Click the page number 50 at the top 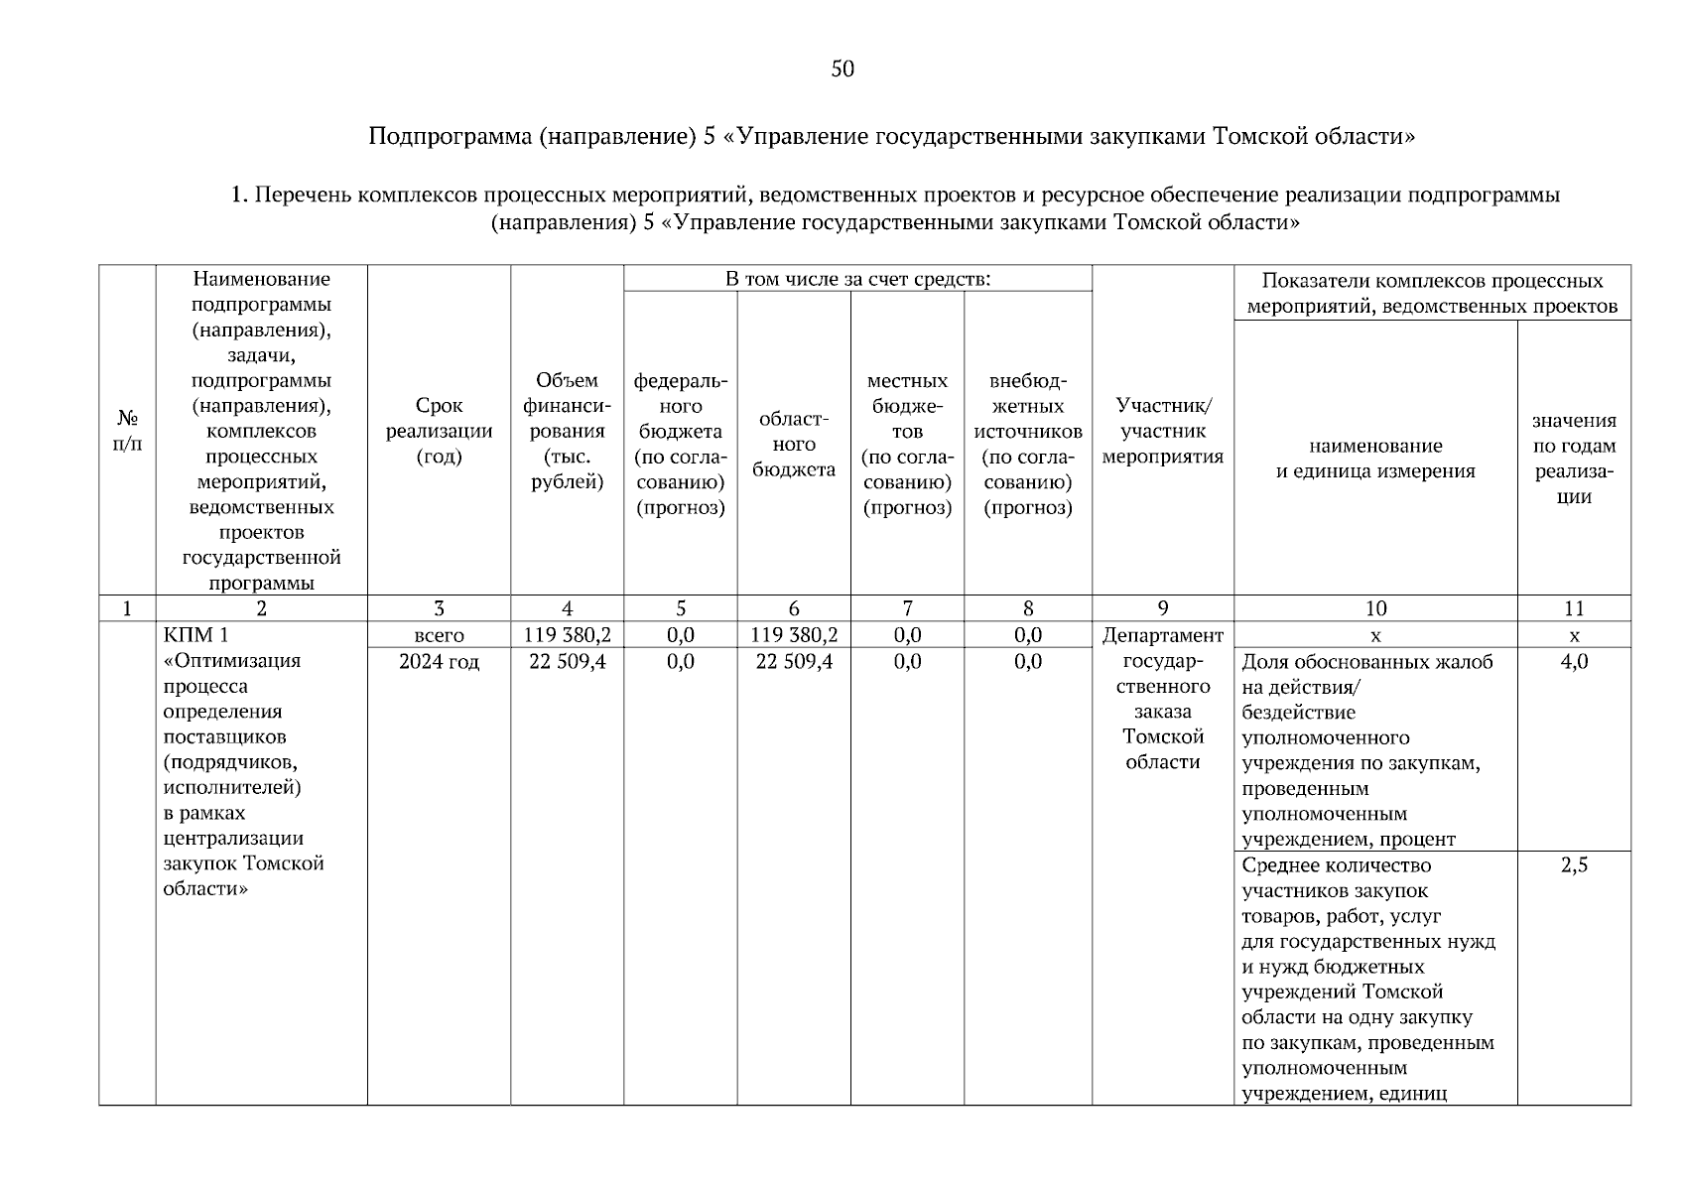842,68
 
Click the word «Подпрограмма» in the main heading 450,136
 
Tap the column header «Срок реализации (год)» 439,431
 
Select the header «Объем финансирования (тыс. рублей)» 567,431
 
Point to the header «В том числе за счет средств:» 857,279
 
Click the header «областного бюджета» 793,444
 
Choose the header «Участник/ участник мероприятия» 1162,431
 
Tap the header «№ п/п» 127,431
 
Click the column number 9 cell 1162,608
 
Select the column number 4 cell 567,608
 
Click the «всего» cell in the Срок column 439,635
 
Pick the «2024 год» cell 439,661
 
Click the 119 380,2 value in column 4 567,635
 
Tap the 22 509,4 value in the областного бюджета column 793,661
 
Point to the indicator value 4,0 1573,662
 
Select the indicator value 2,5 1573,864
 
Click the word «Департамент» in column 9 1162,635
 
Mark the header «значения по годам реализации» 1573,458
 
